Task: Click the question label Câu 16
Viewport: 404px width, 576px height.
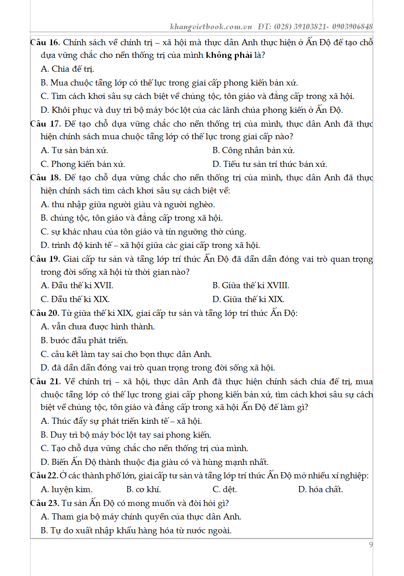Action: coord(45,43)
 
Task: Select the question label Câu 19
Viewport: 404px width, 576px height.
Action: coord(45,259)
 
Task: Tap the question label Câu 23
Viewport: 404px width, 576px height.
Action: coord(45,503)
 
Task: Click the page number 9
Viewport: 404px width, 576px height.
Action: coord(370,545)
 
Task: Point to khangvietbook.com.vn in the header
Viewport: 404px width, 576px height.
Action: coord(211,27)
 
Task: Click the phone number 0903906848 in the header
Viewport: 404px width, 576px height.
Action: coord(352,27)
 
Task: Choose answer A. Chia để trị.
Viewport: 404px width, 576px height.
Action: coord(67,69)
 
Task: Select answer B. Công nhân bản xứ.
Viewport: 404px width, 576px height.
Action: coord(253,151)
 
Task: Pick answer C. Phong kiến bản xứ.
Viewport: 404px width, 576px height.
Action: coord(83,164)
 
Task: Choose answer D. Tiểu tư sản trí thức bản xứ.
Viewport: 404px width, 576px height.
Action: coord(269,164)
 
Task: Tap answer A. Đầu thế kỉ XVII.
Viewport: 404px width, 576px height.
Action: coord(77,286)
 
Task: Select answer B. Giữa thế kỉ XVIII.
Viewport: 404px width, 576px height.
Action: coord(251,286)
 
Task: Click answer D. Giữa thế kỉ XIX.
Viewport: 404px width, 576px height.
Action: coord(248,300)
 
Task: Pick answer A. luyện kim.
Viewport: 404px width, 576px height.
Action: coord(67,490)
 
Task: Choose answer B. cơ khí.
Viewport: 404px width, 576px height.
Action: coord(143,490)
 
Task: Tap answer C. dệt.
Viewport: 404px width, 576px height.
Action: coord(224,490)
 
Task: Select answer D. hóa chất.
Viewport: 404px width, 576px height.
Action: coord(320,490)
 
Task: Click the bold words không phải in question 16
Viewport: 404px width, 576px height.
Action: coord(228,55)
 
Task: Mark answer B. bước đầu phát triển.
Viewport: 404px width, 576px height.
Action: coord(84,341)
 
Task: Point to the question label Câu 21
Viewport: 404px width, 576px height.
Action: coord(45,382)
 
